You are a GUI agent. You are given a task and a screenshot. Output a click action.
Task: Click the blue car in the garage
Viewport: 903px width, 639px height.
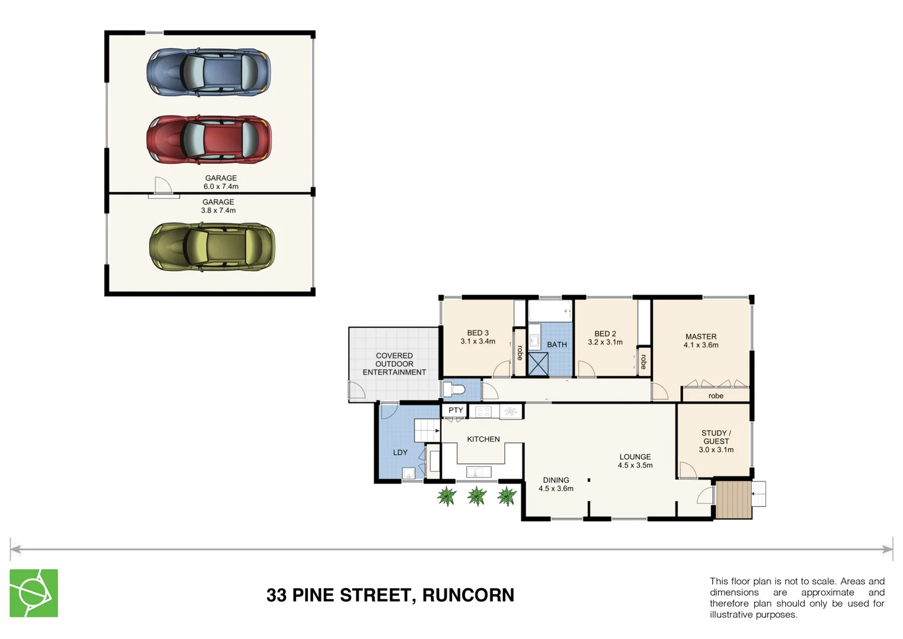pos(209,72)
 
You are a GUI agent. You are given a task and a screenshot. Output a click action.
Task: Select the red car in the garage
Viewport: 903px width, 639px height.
pos(209,140)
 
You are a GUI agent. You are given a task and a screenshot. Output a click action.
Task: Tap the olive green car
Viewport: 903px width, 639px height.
pos(212,247)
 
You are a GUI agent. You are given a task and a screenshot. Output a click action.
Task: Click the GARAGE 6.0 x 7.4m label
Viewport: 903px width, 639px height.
pos(221,182)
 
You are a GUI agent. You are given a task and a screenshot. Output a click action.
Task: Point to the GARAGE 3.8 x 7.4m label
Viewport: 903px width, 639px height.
pos(218,206)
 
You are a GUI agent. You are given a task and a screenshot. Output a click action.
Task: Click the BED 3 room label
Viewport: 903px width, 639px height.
pos(478,337)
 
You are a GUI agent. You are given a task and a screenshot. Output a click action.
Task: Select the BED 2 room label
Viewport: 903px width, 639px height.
pos(605,338)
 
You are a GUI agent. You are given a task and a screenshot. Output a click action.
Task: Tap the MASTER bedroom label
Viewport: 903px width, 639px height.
pos(701,341)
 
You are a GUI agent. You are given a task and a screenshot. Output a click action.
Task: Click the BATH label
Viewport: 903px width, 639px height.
pos(557,344)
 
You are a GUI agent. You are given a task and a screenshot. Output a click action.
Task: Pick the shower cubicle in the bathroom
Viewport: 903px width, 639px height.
pos(538,364)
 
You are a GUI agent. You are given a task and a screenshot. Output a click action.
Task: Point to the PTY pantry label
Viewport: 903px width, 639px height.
pos(456,410)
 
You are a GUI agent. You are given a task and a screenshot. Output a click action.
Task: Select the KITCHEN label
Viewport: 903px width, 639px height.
pos(483,439)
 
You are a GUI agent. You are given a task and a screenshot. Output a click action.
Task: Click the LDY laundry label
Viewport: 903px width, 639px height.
pos(400,452)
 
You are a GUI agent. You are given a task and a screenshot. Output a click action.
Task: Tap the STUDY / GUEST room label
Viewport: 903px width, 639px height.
pos(716,441)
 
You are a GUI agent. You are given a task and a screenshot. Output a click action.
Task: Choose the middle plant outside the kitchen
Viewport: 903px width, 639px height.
pos(476,496)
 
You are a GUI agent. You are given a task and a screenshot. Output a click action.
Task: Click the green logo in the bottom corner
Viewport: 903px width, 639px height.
pos(34,593)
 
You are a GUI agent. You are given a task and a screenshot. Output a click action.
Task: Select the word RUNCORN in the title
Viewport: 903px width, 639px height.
pos(468,595)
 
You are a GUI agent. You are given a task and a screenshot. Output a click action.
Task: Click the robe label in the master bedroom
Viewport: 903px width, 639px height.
pos(716,396)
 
